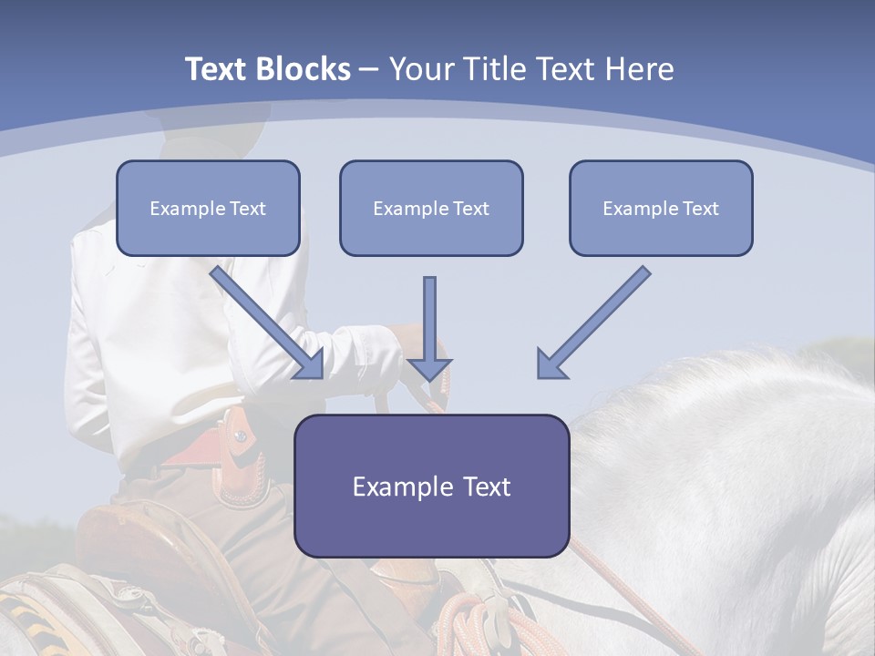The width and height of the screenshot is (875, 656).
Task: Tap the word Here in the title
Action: (x=639, y=69)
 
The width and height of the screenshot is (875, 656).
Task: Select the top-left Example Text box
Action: (x=208, y=209)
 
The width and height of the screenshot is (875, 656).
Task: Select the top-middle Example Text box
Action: (x=431, y=209)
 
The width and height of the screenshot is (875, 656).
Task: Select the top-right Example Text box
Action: (x=661, y=209)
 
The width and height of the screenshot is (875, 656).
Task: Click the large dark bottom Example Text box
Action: (x=431, y=486)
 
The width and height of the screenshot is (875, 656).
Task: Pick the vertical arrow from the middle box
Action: (x=429, y=319)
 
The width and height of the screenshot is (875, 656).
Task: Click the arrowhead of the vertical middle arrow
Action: (x=429, y=369)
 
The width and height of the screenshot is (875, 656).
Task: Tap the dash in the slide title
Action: (x=369, y=69)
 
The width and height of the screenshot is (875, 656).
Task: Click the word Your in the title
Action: (x=417, y=69)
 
